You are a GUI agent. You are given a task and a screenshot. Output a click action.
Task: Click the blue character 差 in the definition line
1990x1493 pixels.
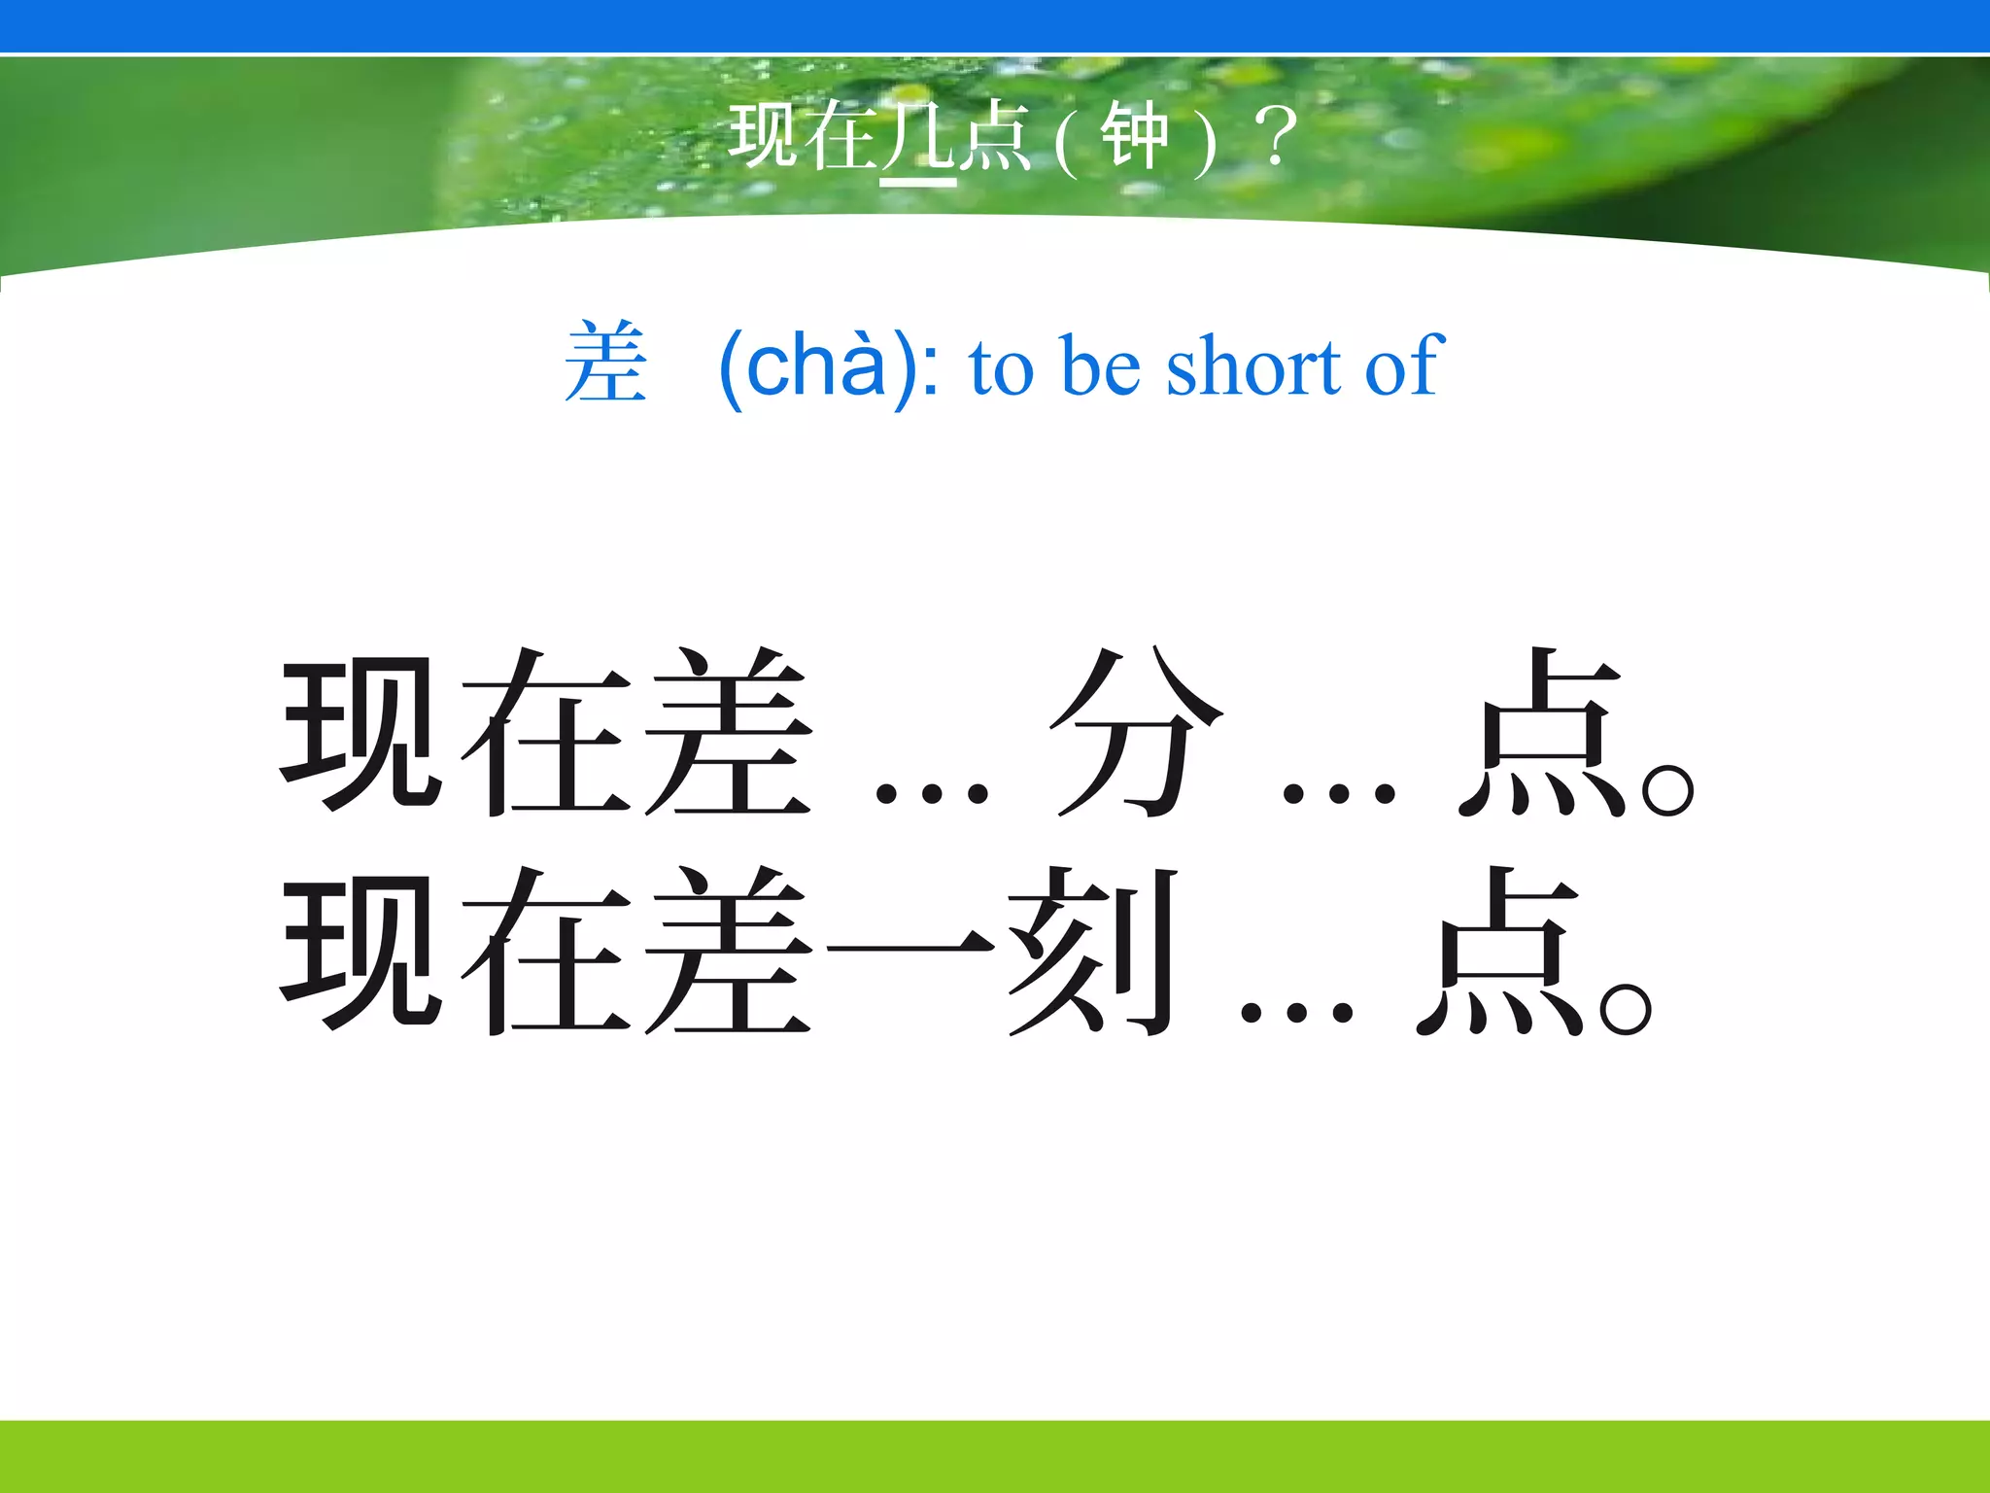[605, 364]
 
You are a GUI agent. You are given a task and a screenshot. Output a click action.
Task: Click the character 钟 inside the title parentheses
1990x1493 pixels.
[1134, 138]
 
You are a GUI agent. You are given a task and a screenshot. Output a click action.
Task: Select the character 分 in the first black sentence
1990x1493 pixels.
[1134, 731]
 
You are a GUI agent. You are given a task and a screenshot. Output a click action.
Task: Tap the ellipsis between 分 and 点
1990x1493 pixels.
[1338, 793]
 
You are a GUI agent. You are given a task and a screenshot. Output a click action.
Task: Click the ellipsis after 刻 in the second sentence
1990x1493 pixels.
[1296, 1012]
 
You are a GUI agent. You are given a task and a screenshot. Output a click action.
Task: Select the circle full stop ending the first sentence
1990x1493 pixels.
[1667, 788]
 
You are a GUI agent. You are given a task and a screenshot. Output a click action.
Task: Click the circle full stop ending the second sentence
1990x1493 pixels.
[1625, 1009]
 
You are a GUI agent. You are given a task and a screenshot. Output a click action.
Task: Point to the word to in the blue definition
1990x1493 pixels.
[1000, 367]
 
